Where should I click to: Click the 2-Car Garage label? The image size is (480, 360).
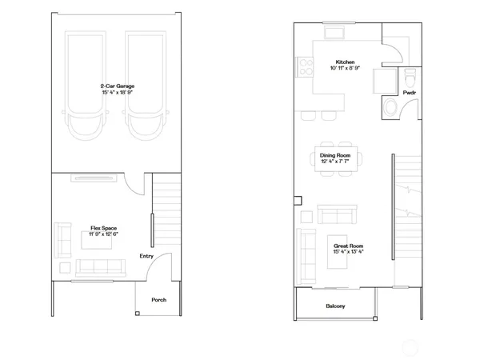117,86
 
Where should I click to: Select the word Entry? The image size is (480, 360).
146,256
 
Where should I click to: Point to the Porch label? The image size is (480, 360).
158,300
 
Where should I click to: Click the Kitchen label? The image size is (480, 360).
346,62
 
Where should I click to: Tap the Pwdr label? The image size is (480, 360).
410,93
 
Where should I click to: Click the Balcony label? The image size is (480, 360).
335,306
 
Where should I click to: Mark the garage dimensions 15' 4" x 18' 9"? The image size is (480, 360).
117,93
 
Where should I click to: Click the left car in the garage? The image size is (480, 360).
82,88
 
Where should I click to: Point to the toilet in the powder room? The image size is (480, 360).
410,78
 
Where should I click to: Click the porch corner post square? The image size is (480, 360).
138,314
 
